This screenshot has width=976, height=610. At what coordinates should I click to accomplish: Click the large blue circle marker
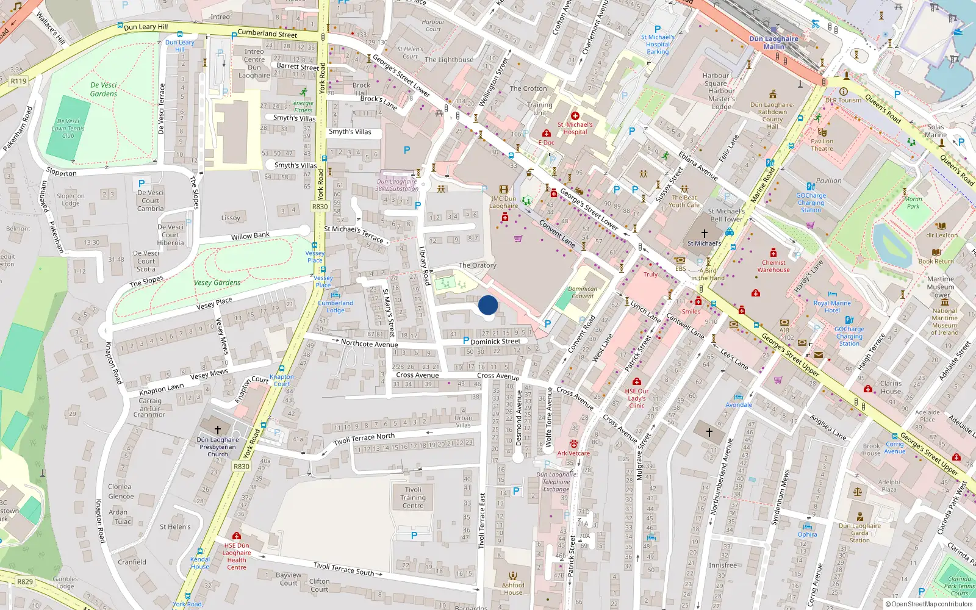pyautogui.click(x=488, y=305)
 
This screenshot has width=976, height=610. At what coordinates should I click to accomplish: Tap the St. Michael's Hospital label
pyautogui.click(x=575, y=128)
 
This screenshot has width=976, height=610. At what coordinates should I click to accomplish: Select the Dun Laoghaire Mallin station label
pyautogui.click(x=773, y=42)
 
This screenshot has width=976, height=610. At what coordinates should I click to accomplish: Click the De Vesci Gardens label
pyautogui.click(x=103, y=89)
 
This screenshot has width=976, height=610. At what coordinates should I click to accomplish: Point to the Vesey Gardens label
pyautogui.click(x=217, y=282)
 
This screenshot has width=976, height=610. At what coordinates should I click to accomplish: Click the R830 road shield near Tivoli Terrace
pyautogui.click(x=242, y=466)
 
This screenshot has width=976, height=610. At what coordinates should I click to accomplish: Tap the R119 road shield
pyautogui.click(x=18, y=81)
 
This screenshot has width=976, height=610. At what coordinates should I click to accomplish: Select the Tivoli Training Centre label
pyautogui.click(x=413, y=498)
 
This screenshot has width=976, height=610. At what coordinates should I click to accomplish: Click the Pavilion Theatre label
pyautogui.click(x=822, y=145)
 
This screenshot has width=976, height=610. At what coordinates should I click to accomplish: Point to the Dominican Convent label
pyautogui.click(x=583, y=293)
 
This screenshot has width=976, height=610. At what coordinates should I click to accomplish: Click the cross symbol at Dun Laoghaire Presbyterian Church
pyautogui.click(x=217, y=429)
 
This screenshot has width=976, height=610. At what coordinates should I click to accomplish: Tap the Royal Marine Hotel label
pyautogui.click(x=832, y=306)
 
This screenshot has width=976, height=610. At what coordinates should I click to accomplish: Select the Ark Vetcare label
pyautogui.click(x=573, y=453)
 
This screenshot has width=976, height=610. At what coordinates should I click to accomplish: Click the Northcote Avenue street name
pyautogui.click(x=369, y=344)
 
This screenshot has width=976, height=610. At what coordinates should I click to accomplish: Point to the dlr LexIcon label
pyautogui.click(x=942, y=235)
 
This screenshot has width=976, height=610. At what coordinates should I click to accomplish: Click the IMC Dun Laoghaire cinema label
pyautogui.click(x=504, y=202)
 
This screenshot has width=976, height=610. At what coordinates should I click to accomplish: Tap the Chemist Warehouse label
pyautogui.click(x=773, y=266)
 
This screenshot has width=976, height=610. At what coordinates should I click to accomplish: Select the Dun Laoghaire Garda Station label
pyautogui.click(x=859, y=533)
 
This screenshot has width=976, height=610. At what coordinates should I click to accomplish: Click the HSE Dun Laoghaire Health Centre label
pyautogui.click(x=237, y=556)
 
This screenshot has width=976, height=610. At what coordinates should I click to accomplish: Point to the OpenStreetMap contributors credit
pyautogui.click(x=931, y=604)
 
